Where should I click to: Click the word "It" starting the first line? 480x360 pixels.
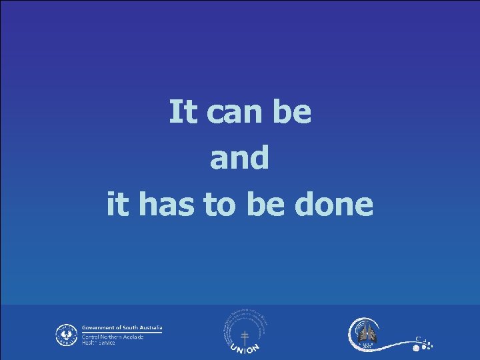[x=181, y=112]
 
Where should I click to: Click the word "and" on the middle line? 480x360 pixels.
[x=240, y=159]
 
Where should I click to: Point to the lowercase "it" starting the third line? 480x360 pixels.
[x=117, y=205]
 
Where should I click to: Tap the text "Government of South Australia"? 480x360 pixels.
[x=122, y=328]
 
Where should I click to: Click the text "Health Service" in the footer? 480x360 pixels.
[x=98, y=343]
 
